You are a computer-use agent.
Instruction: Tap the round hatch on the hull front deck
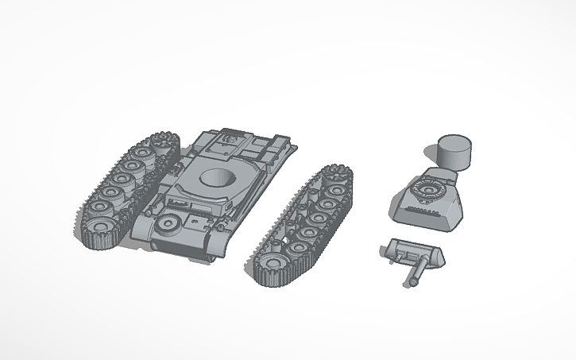[x=169, y=225]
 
